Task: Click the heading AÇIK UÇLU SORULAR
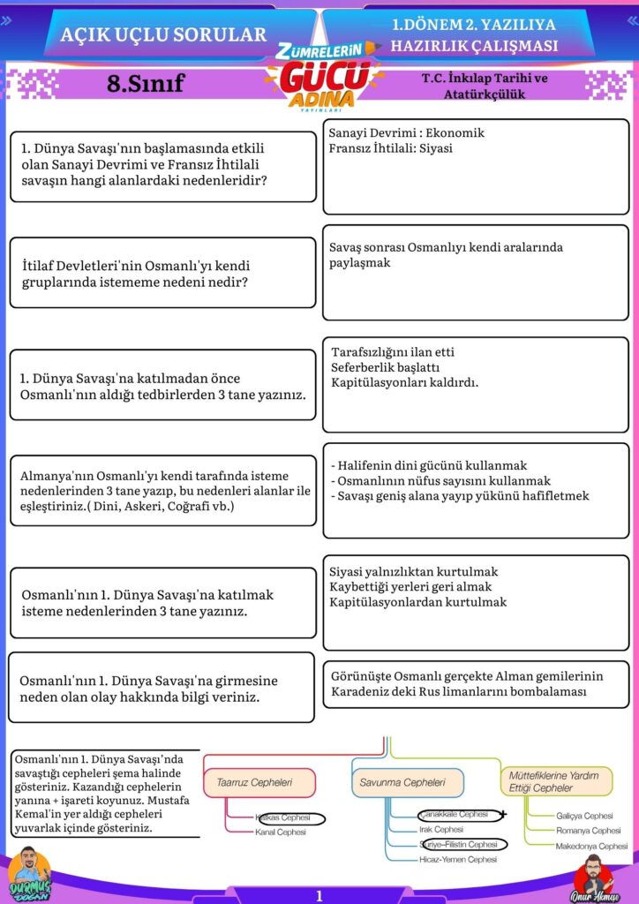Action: pyautogui.click(x=163, y=35)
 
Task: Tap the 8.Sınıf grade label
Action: pyautogui.click(x=145, y=84)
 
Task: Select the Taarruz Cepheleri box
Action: pyautogui.click(x=259, y=782)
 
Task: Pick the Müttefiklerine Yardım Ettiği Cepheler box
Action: pyautogui.click(x=555, y=781)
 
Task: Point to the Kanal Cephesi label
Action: pyautogui.click(x=281, y=832)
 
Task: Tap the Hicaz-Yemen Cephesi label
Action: pyautogui.click(x=457, y=859)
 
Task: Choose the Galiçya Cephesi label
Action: pyautogui.click(x=584, y=816)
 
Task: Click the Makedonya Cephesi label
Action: pyautogui.click(x=591, y=846)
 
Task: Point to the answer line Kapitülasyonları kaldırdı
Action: pyautogui.click(x=404, y=383)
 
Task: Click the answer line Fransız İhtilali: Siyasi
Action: pyautogui.click(x=390, y=148)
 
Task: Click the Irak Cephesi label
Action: pyautogui.click(x=441, y=830)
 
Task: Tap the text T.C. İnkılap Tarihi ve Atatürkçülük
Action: pyautogui.click(x=485, y=86)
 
